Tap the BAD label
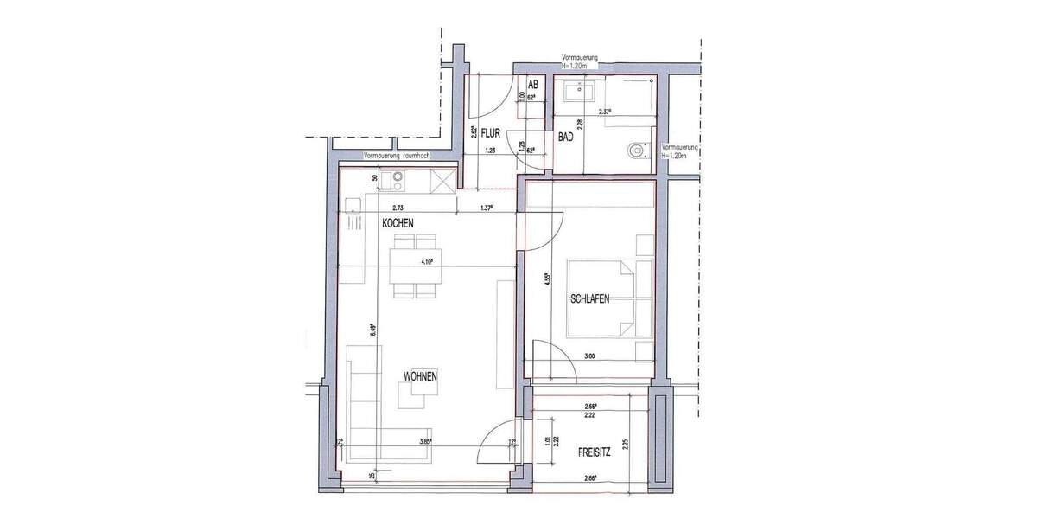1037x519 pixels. tap(566, 137)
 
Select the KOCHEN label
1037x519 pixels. tap(398, 223)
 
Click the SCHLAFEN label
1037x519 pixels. tap(590, 299)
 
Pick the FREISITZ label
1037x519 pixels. tap(595, 452)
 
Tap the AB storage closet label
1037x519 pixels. tap(533, 85)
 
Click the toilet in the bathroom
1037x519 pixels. tap(637, 151)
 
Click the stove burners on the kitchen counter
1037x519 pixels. tap(398, 181)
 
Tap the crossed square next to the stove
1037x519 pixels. tap(442, 181)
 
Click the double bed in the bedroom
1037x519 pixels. tap(609, 298)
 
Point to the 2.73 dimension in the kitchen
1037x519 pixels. tap(398, 208)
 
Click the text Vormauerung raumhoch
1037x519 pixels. tap(398, 157)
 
